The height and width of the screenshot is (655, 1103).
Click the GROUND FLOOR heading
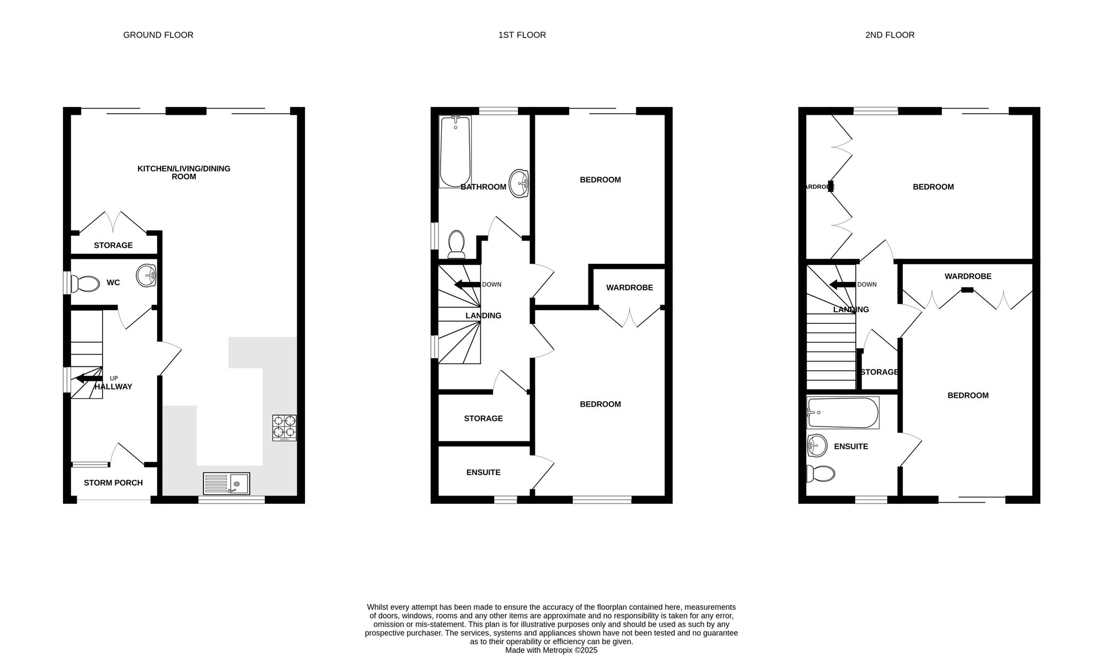coord(158,35)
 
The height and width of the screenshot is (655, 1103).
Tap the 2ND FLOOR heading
coord(890,35)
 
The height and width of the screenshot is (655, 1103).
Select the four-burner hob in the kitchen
coord(284,428)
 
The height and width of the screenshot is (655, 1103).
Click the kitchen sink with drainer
coord(226,483)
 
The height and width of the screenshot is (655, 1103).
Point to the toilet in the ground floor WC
coord(83,283)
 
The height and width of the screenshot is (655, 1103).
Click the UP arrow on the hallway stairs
coord(89,379)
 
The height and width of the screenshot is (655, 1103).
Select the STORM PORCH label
coord(113,483)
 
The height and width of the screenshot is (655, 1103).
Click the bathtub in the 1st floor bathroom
coord(455,151)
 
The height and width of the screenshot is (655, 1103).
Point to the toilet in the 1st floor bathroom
coord(456,244)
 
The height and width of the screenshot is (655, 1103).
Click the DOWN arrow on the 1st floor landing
coord(467,285)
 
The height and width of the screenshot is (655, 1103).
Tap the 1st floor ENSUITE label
coord(483,472)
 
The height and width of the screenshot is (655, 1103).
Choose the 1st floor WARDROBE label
coord(629,287)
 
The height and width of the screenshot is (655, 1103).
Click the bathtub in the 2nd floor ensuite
coord(843,413)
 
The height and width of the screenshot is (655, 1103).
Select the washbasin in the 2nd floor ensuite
coord(817,445)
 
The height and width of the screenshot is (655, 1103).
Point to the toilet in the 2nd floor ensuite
coord(820,473)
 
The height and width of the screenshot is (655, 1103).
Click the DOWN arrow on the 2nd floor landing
coord(843,285)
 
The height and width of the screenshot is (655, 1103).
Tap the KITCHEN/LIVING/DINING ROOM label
coord(184,172)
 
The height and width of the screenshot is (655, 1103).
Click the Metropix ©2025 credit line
coord(551,651)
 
